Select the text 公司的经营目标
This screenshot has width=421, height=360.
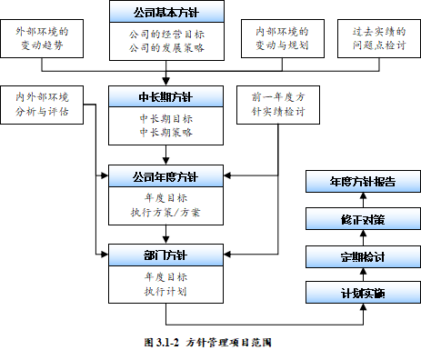(166, 33)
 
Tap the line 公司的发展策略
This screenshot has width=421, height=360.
(166, 47)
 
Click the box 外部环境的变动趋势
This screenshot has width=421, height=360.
(42, 39)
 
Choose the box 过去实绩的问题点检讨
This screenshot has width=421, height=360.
(377, 39)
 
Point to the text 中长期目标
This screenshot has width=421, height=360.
(166, 117)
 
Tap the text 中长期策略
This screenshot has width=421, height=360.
(166, 132)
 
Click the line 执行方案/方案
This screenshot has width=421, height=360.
(166, 213)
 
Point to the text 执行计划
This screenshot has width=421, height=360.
(166, 291)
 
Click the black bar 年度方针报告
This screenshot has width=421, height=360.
(361, 182)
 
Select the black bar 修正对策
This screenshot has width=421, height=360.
(361, 219)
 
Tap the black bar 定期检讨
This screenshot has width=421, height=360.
(361, 256)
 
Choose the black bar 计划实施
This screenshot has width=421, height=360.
(361, 294)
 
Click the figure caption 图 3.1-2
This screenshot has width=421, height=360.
(209, 344)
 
